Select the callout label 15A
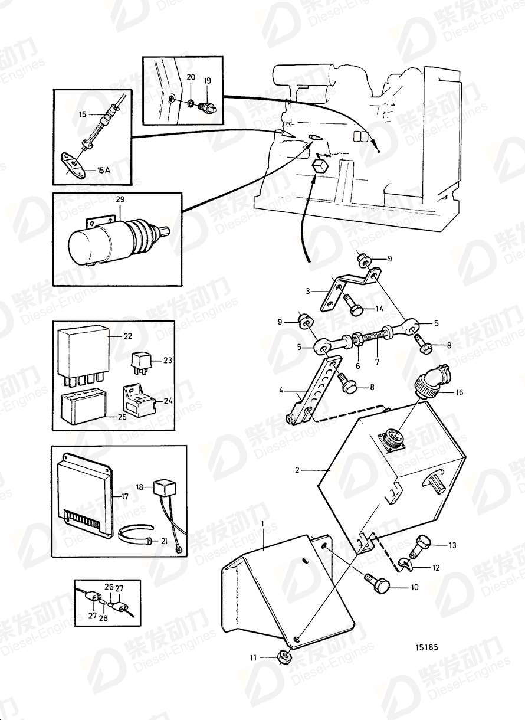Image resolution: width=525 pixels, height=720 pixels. pyautogui.click(x=103, y=170)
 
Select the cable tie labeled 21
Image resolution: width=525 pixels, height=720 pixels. pyautogui.click(x=136, y=538)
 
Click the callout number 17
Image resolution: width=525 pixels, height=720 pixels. pyautogui.click(x=124, y=496)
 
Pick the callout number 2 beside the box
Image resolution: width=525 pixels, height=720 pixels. pyautogui.click(x=298, y=470)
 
